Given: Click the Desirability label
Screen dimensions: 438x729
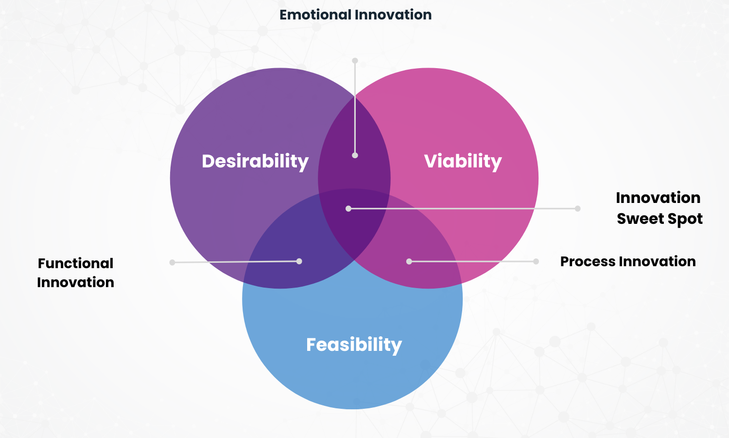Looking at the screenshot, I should coord(255,161).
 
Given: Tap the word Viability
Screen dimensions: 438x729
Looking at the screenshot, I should coord(463,161).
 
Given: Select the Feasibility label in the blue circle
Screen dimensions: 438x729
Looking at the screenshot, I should coord(354,345).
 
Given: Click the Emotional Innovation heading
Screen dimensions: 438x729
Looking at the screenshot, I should coord(355,15).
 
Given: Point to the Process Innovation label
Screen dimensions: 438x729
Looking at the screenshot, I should coord(628,261).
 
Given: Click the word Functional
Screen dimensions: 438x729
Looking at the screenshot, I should coord(75,263).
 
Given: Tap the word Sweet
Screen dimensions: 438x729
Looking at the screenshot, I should coord(640,219).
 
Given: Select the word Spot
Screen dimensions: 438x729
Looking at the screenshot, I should coord(685,219).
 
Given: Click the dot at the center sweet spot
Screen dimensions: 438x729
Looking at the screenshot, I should coord(348,208).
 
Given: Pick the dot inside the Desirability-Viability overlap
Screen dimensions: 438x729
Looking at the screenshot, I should coord(355,155).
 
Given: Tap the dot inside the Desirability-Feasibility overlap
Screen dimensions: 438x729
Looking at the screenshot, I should coord(299,261).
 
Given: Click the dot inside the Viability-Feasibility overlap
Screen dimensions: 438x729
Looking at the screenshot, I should coord(409,261).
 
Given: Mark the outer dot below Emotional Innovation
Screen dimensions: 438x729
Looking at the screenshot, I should coord(355,61).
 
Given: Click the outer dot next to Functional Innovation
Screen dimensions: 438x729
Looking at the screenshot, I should coord(172,262).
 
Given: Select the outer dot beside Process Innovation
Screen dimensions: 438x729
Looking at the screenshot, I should coord(536,261).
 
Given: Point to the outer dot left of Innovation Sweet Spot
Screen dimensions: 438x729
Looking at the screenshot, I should coord(577,208).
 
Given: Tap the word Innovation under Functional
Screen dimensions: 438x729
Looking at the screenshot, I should coord(75,282).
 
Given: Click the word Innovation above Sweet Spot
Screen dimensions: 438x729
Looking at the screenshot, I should coord(658,198).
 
